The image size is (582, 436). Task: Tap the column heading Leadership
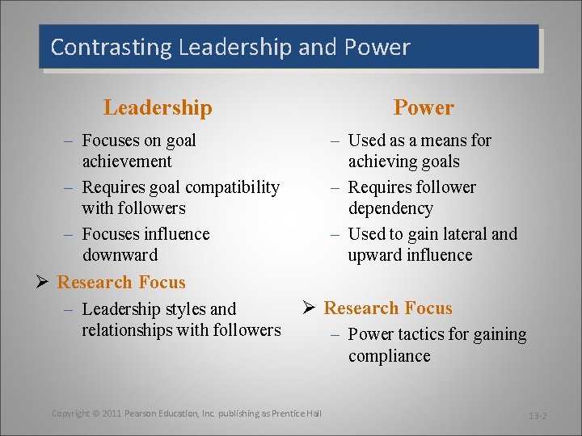pyautogui.click(x=158, y=107)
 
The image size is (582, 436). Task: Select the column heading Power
pyautogui.click(x=424, y=107)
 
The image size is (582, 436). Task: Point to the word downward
pyautogui.click(x=120, y=255)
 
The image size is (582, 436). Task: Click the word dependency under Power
pyautogui.click(x=390, y=208)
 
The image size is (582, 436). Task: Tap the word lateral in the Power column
pyautogui.click(x=459, y=234)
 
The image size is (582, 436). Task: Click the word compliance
pyautogui.click(x=390, y=356)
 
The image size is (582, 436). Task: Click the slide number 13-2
pyautogui.click(x=538, y=416)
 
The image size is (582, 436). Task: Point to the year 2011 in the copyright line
pyautogui.click(x=112, y=413)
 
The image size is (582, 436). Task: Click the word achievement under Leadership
pyautogui.click(x=127, y=161)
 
